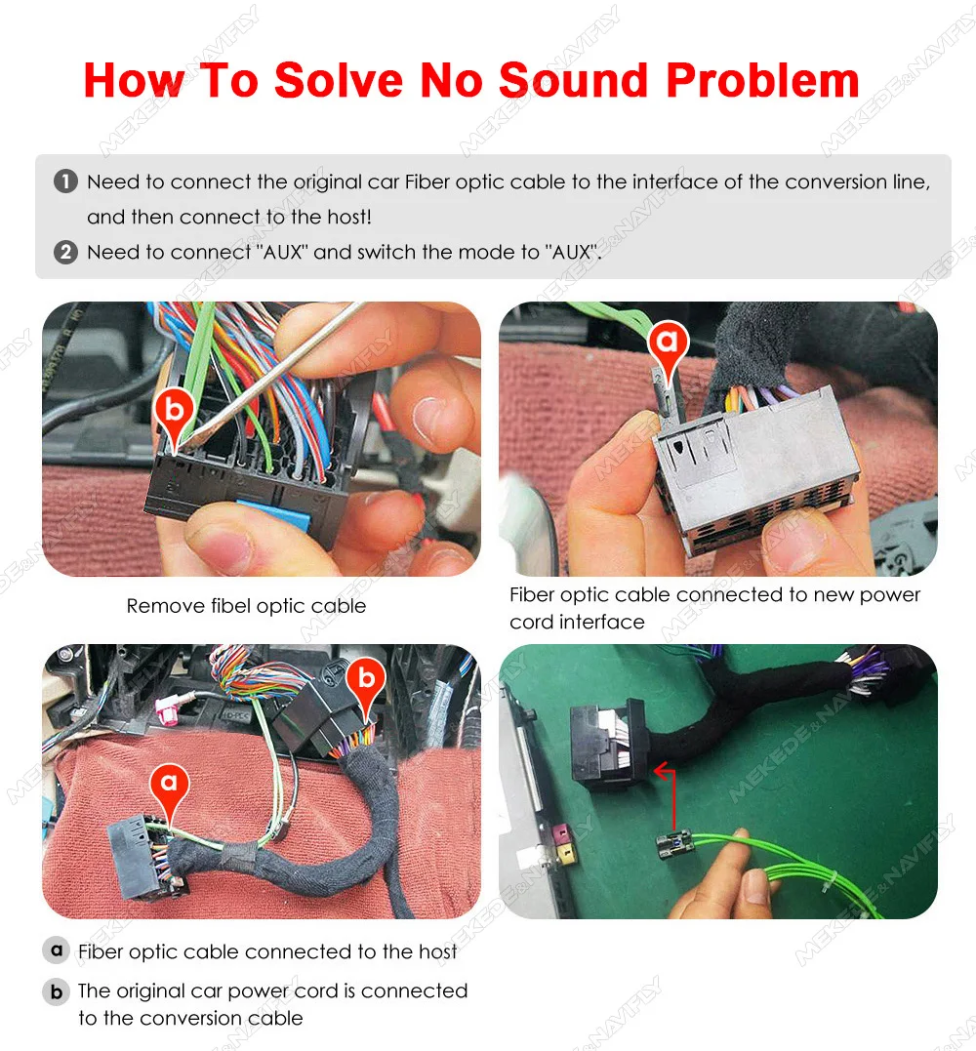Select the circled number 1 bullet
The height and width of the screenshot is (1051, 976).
(65, 182)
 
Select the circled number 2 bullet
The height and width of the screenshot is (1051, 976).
(65, 252)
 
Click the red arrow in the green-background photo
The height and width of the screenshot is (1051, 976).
(671, 797)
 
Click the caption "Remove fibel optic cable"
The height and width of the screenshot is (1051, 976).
(246, 606)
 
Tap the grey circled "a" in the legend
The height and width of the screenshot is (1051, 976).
(57, 950)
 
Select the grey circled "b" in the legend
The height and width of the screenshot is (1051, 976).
(57, 991)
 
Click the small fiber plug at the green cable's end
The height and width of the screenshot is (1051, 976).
(674, 844)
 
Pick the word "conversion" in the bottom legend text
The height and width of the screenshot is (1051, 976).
(191, 1018)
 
